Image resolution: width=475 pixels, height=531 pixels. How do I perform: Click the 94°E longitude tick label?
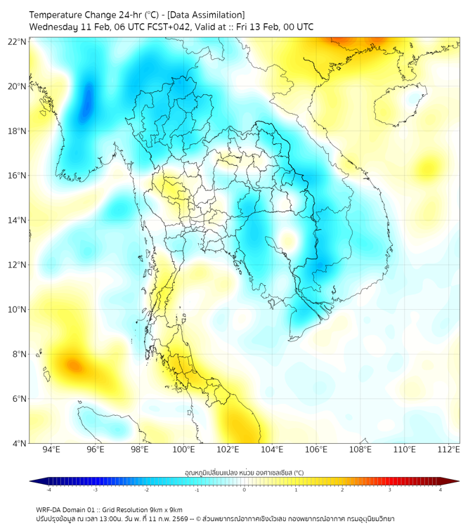coord(51,450)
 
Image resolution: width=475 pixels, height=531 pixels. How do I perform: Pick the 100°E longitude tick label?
coord(183,450)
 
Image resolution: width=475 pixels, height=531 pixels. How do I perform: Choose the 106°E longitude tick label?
coord(316,450)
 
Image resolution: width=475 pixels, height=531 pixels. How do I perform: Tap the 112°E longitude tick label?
coord(448,450)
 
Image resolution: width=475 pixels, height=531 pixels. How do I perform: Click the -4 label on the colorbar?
coord(48,490)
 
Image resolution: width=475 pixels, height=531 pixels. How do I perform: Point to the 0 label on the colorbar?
coord(245,490)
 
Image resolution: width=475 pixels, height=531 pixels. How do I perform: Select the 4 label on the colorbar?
coord(441,490)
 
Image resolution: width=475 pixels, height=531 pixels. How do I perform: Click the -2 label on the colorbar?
coord(146,490)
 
